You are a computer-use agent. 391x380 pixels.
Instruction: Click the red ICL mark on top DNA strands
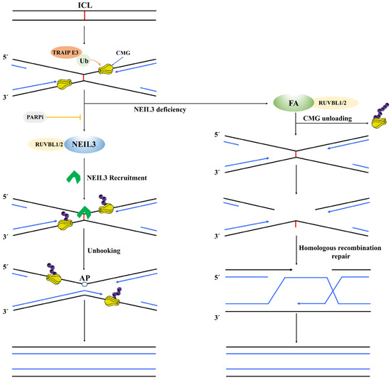coord(84,15)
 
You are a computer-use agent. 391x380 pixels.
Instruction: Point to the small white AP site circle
coord(84,282)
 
